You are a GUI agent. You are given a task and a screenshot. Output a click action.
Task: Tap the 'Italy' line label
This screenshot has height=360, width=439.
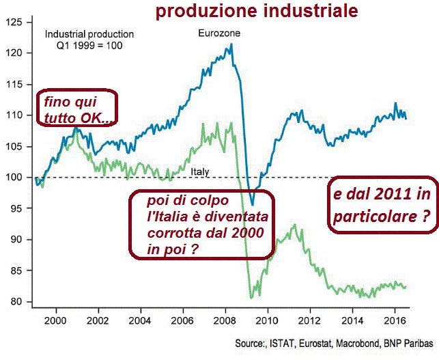pyautogui.click(x=200, y=171)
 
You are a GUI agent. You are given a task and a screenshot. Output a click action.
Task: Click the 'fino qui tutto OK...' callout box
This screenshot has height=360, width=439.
pyautogui.click(x=75, y=109)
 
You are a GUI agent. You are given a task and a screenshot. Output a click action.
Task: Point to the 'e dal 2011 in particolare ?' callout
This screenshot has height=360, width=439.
pyautogui.click(x=383, y=208)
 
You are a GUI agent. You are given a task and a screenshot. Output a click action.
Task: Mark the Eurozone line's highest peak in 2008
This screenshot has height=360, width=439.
pyautogui.click(x=231, y=44)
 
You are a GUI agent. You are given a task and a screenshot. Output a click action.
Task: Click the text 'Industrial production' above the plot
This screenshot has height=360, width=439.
pyautogui.click(x=89, y=34)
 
